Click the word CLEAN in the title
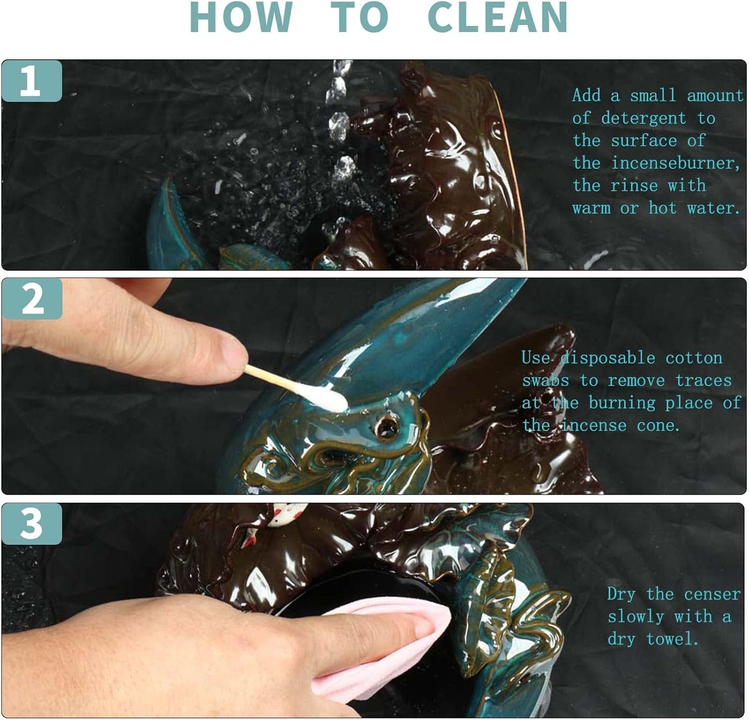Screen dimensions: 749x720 [498, 17]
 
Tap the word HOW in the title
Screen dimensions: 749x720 [241, 17]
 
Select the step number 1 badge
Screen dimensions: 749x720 [31, 80]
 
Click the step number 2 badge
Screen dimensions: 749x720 [31, 299]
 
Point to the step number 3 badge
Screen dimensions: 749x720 [31, 523]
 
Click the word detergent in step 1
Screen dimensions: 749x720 [644, 118]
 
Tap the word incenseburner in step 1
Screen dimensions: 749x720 [676, 163]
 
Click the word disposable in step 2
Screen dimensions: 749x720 [608, 358]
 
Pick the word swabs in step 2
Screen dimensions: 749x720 [545, 380]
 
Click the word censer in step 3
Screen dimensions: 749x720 [712, 594]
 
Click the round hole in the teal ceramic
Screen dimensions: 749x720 [384, 426]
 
